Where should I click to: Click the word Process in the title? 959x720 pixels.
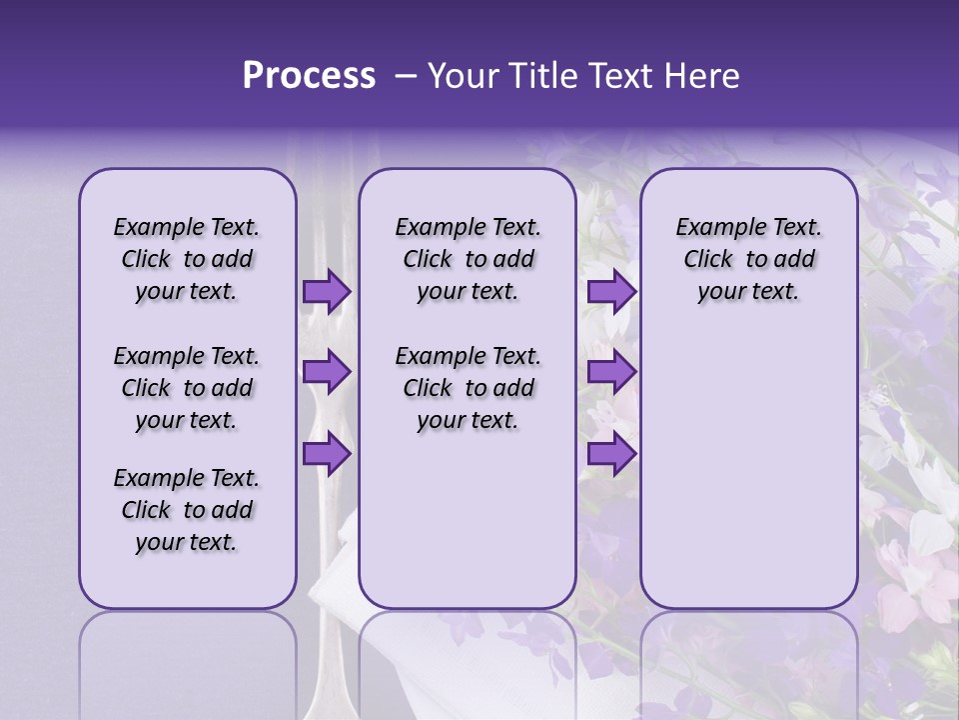click(309, 76)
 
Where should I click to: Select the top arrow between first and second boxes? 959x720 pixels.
click(326, 291)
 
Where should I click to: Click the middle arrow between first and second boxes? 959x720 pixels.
click(326, 373)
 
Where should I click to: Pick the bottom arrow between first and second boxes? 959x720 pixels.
click(326, 454)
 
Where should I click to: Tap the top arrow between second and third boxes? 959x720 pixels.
click(611, 291)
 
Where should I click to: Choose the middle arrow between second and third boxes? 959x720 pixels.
click(611, 373)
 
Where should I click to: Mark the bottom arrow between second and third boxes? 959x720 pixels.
click(611, 454)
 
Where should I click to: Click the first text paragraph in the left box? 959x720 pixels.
click(187, 259)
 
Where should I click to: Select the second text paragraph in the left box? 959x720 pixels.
click(187, 388)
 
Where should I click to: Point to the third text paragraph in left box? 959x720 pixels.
click(187, 510)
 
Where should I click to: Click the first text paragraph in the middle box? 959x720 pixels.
click(468, 259)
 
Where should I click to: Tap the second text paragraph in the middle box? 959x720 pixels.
click(468, 388)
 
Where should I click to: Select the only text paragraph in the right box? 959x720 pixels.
click(748, 259)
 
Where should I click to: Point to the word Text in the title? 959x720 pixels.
click(619, 76)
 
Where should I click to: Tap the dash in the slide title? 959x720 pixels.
click(405, 76)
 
